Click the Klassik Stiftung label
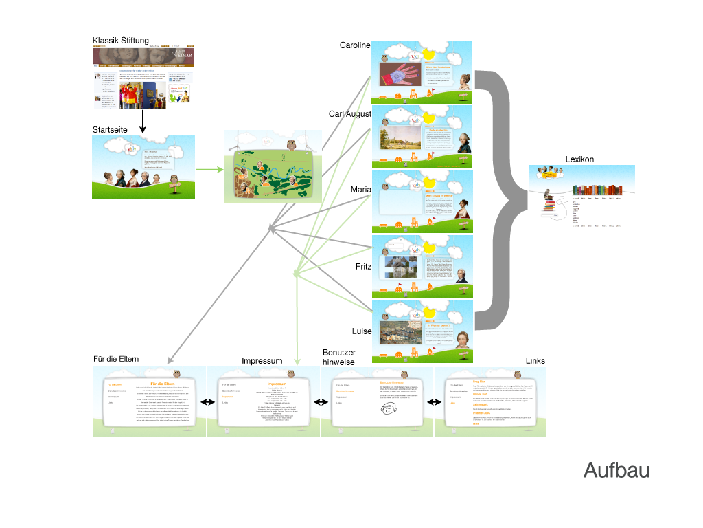pyautogui.click(x=121, y=41)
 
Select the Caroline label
pyautogui.click(x=354, y=45)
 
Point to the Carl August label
pyautogui.click(x=349, y=114)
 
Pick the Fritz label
pyautogui.click(x=363, y=266)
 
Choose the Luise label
pyautogui.click(x=361, y=331)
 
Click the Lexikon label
pyautogui.click(x=579, y=159)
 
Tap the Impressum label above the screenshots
pyautogui.click(x=262, y=361)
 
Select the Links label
pyautogui.click(x=535, y=361)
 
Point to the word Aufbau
pyautogui.click(x=616, y=471)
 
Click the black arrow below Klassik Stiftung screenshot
pyautogui.click(x=143, y=121)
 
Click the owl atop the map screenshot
pyautogui.click(x=290, y=146)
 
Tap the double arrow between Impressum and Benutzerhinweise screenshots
pyautogui.click(x=320, y=403)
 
